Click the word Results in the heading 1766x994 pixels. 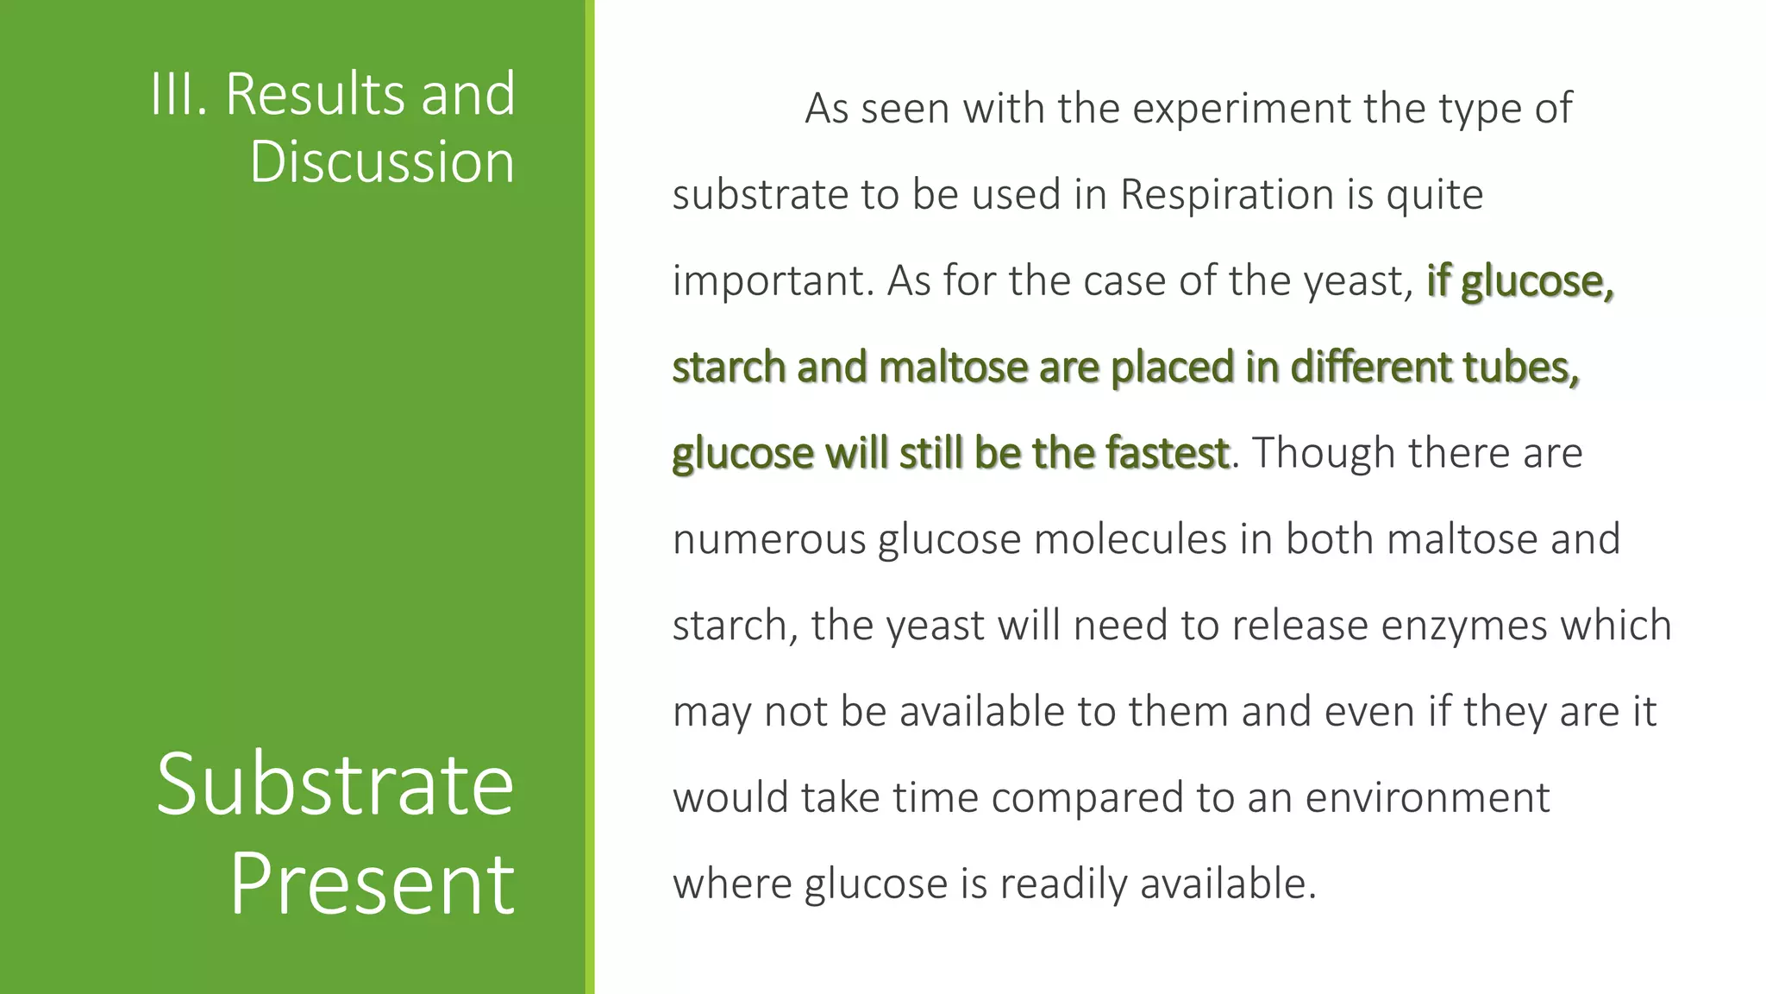(x=316, y=94)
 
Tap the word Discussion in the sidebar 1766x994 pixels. (x=382, y=162)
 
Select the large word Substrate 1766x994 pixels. (x=335, y=784)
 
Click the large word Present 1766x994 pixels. (x=372, y=884)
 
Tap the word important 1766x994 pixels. (x=772, y=282)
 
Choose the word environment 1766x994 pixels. (x=1427, y=798)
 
